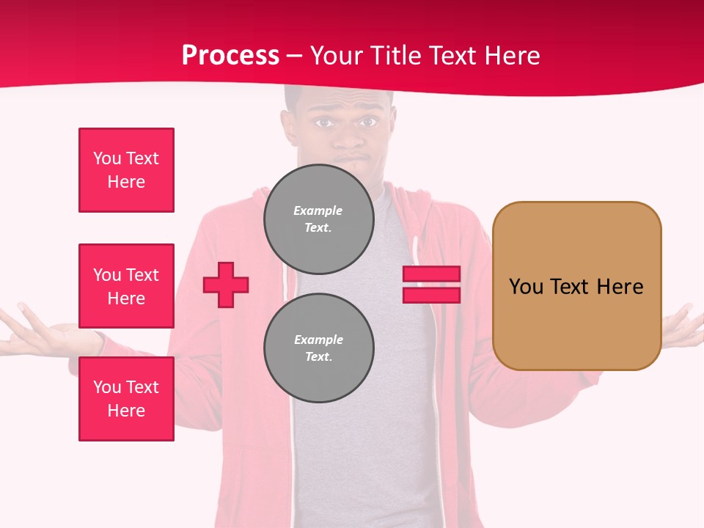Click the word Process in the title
click(230, 56)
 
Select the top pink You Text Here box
click(126, 170)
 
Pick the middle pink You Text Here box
click(126, 286)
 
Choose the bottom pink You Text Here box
click(126, 399)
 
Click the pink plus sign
click(226, 285)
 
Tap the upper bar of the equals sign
click(431, 274)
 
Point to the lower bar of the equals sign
click(431, 295)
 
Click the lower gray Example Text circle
click(318, 348)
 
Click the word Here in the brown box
click(620, 287)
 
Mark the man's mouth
click(348, 160)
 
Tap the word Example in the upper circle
click(318, 210)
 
